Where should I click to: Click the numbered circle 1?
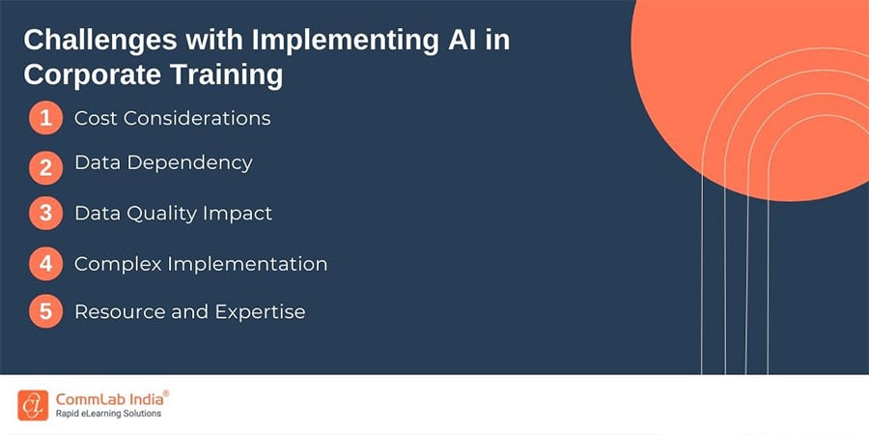click(46, 118)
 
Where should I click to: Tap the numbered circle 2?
click(46, 167)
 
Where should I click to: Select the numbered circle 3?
click(46, 214)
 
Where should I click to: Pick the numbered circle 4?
click(46, 264)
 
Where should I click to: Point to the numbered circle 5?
click(46, 311)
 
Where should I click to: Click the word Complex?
click(117, 265)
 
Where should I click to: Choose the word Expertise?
click(260, 312)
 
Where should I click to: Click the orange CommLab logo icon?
click(33, 405)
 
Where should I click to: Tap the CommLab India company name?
click(108, 399)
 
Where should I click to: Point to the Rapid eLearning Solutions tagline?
click(108, 414)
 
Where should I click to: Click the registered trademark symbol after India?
click(166, 393)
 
